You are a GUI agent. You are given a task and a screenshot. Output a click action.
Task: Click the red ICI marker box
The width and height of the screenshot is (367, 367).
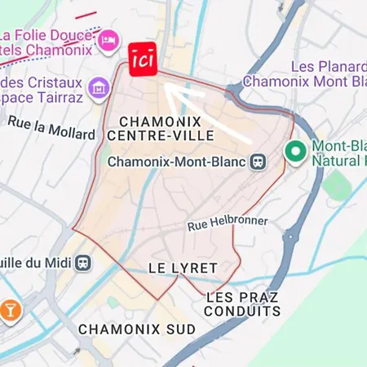143,60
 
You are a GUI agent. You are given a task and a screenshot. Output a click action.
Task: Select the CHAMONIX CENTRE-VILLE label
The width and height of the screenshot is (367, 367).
167,128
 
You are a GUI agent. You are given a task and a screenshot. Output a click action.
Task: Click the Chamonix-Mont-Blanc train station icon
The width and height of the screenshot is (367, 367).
259,161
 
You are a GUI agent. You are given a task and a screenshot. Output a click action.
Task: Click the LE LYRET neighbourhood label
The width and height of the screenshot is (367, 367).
183,268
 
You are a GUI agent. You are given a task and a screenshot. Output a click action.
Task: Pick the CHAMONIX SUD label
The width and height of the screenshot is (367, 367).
137,329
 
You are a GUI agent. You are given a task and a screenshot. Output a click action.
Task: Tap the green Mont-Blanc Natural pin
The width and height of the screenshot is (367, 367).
294,152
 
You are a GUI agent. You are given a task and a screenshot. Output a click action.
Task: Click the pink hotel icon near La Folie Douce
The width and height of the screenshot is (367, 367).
108,39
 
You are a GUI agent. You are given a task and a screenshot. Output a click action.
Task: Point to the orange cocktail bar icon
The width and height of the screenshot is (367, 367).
11,309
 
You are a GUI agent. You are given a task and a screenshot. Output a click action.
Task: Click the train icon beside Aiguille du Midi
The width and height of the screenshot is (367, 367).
83,263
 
